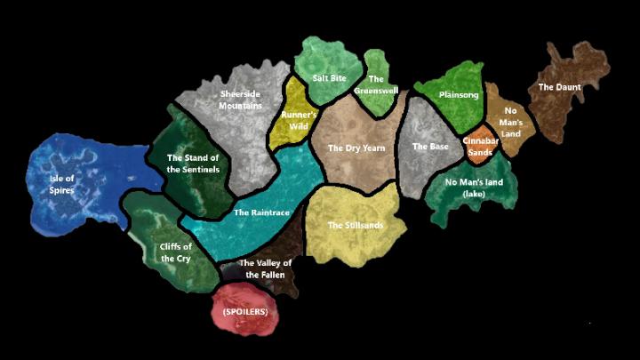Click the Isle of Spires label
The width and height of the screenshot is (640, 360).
61,183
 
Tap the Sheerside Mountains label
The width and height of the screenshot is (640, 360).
240,98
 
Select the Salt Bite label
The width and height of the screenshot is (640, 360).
329,78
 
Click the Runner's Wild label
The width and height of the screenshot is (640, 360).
299,119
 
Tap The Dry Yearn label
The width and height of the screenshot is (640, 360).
355,148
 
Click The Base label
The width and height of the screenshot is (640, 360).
430,147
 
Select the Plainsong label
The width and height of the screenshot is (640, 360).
459,94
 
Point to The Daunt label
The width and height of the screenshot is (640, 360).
559,87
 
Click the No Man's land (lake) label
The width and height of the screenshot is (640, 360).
475,188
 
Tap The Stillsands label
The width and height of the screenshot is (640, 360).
356,225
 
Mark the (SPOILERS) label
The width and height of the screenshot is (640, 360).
244,313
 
